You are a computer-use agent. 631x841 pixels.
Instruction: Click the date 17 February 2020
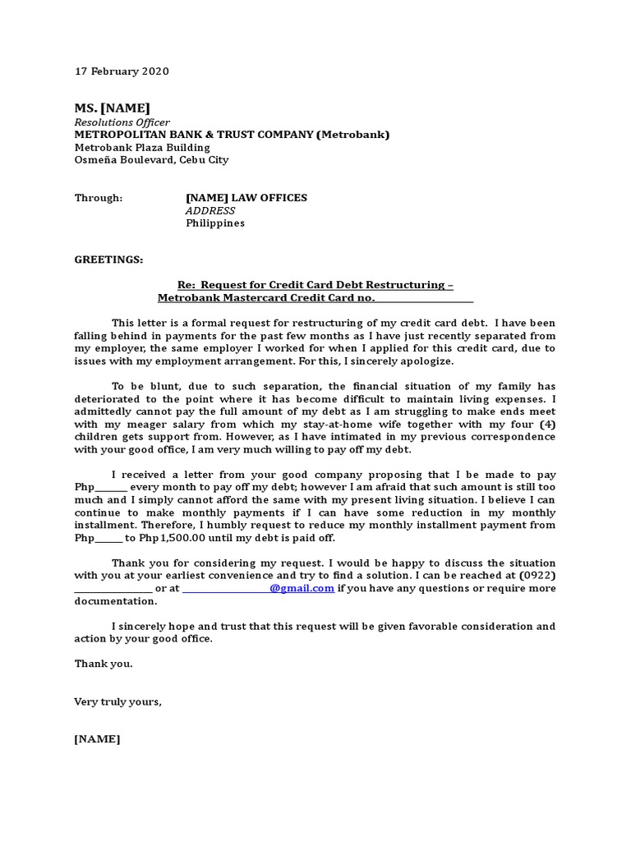pyautogui.click(x=122, y=71)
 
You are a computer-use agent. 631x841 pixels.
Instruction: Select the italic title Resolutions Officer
pyautogui.click(x=122, y=122)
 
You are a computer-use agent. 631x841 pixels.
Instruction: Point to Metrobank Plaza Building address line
pyautogui.click(x=142, y=148)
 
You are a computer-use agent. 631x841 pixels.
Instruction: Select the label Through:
pyautogui.click(x=99, y=198)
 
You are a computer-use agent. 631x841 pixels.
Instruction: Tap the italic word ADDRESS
pyautogui.click(x=210, y=210)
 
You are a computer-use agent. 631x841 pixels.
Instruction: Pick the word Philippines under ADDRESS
pyautogui.click(x=215, y=223)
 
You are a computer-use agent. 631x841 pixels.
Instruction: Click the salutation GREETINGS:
pyautogui.click(x=108, y=260)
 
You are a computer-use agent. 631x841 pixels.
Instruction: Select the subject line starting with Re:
pyautogui.click(x=315, y=285)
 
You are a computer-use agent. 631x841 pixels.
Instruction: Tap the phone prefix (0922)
pyautogui.click(x=535, y=576)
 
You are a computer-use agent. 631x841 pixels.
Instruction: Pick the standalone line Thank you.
pyautogui.click(x=103, y=664)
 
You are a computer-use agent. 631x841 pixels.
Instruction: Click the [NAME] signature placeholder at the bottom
pyautogui.click(x=97, y=739)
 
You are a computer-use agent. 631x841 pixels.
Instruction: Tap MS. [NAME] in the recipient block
pyautogui.click(x=112, y=108)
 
